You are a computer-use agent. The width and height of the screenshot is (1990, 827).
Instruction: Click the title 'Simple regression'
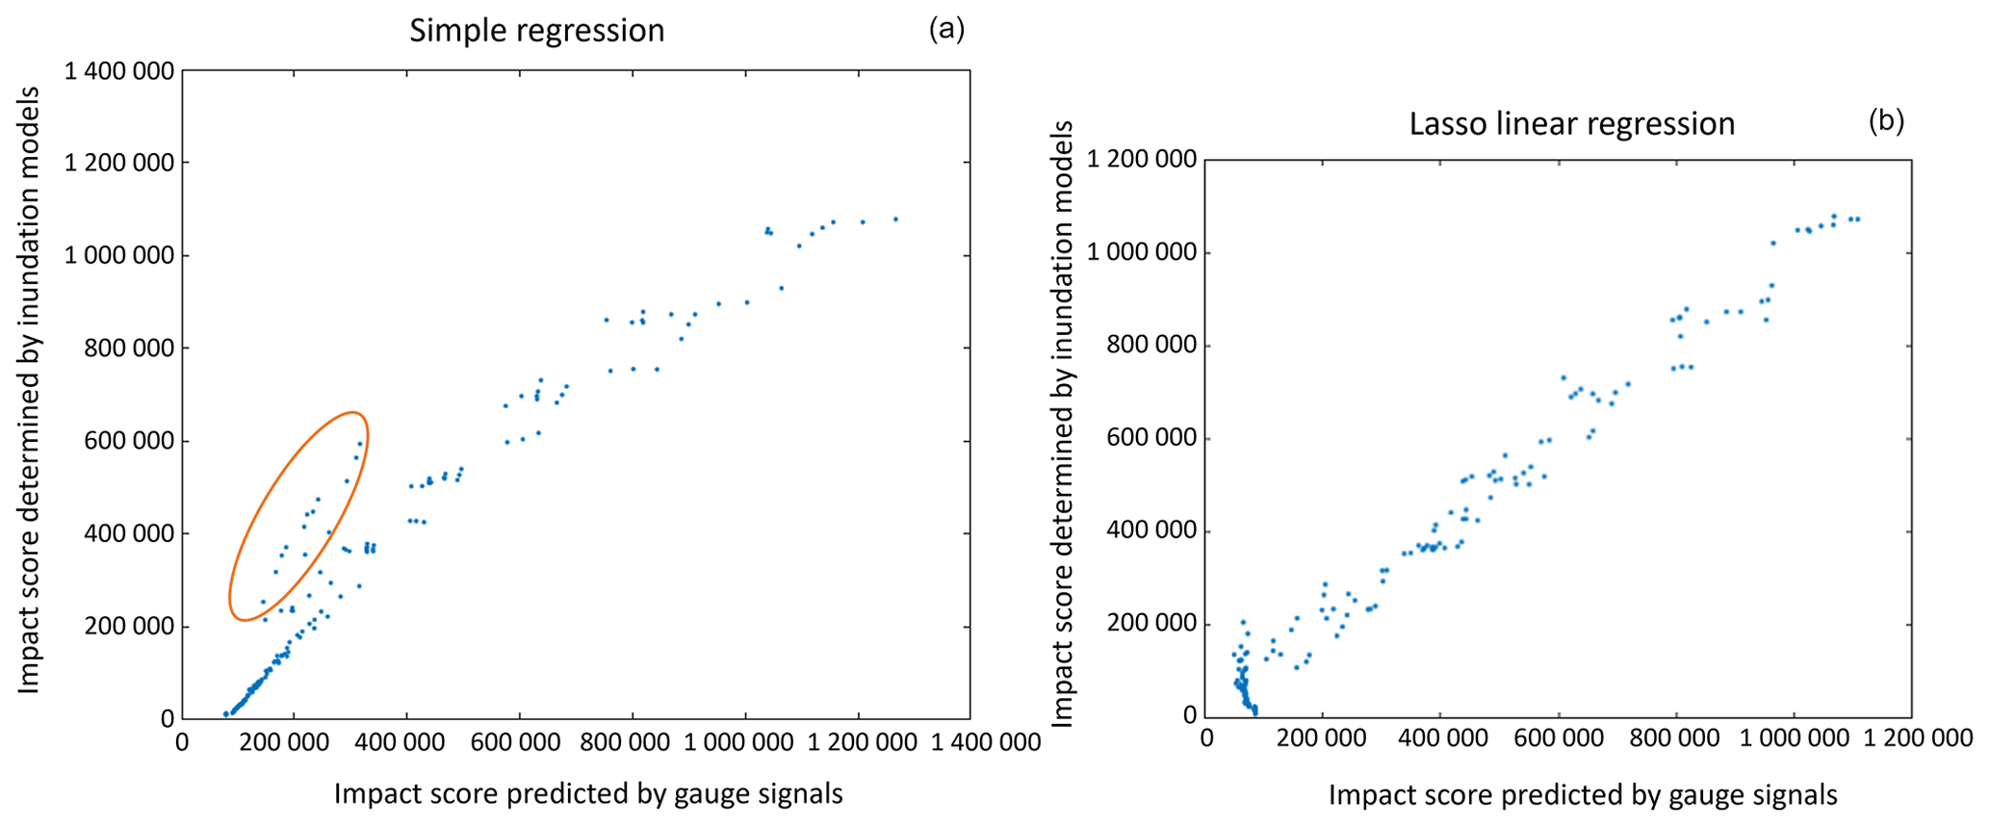tap(536, 31)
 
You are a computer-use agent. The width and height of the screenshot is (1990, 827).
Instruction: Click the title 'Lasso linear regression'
tap(1571, 124)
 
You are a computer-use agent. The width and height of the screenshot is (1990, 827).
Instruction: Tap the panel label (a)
tap(945, 30)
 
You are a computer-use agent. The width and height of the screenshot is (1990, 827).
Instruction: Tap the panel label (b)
tap(1886, 121)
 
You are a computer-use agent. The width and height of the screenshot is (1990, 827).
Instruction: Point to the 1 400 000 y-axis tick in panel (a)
tap(119, 71)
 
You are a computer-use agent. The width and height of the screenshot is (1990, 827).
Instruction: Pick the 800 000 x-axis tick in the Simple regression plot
tap(633, 743)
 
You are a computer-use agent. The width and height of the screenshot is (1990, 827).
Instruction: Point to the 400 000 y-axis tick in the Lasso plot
tap(1150, 531)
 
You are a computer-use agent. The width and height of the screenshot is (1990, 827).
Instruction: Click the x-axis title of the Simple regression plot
tap(588, 794)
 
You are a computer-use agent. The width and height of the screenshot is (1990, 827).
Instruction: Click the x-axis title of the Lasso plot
tap(1583, 795)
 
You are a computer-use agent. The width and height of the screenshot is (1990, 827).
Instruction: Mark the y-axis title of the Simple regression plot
tap(29, 390)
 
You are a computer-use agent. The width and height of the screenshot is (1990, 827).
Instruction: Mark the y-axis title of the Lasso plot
tap(1062, 424)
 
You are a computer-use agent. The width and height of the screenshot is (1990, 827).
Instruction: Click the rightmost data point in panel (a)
tap(895, 220)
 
